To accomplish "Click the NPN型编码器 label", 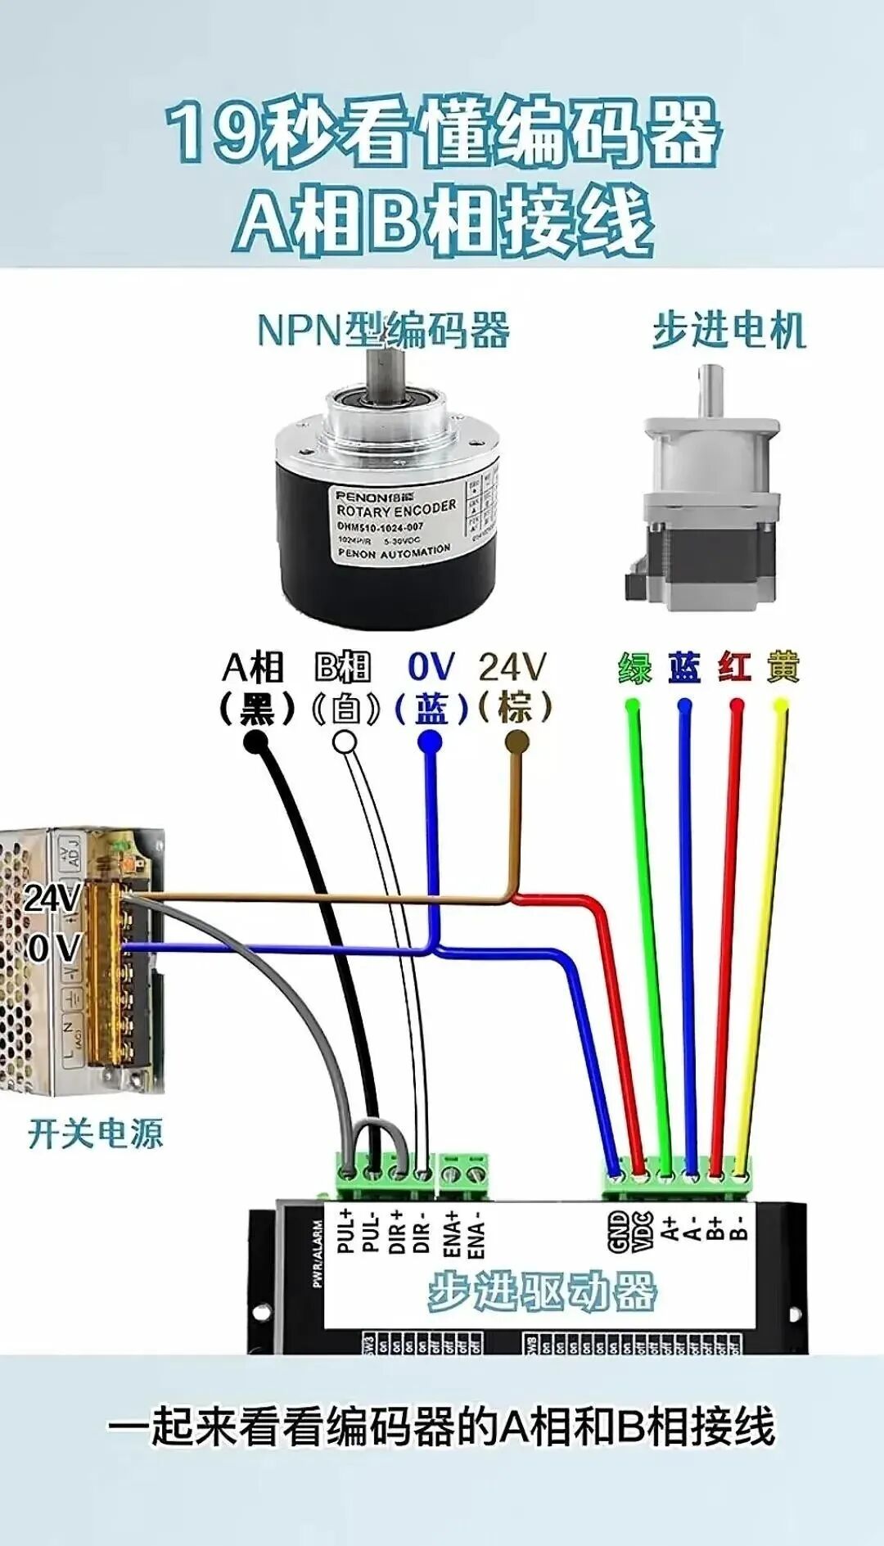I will [383, 330].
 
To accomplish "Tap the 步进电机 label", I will [728, 330].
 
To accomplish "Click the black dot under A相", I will [256, 741].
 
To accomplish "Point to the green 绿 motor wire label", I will [634, 668].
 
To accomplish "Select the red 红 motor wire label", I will [734, 668].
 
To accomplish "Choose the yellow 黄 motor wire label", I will [783, 668].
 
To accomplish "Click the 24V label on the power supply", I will [52, 898].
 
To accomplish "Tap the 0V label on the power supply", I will [54, 948].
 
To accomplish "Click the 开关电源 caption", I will [96, 1134].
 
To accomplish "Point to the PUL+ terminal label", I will [347, 1230].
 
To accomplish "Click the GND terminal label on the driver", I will [619, 1232].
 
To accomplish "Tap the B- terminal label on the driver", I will [738, 1228].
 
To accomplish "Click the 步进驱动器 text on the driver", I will [542, 1292].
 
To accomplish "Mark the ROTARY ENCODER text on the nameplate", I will [396, 509].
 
